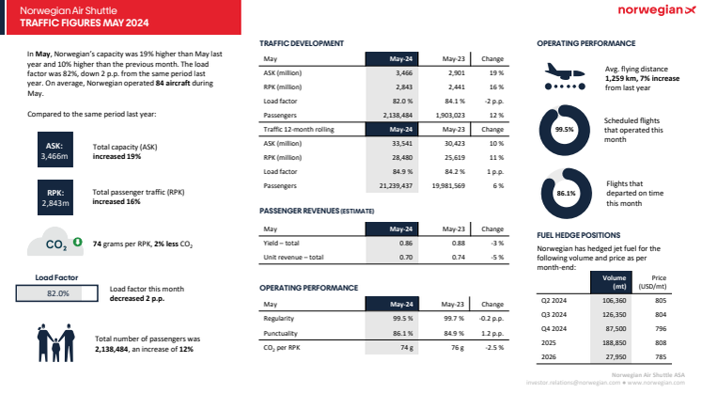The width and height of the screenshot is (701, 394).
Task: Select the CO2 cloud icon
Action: coord(57,244)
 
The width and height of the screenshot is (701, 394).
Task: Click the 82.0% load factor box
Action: coord(58,293)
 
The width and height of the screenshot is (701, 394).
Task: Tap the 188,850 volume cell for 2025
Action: coord(613,343)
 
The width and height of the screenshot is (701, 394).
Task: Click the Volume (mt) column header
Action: coord(613,282)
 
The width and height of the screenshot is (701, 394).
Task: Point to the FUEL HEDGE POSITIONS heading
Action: coord(579,235)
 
